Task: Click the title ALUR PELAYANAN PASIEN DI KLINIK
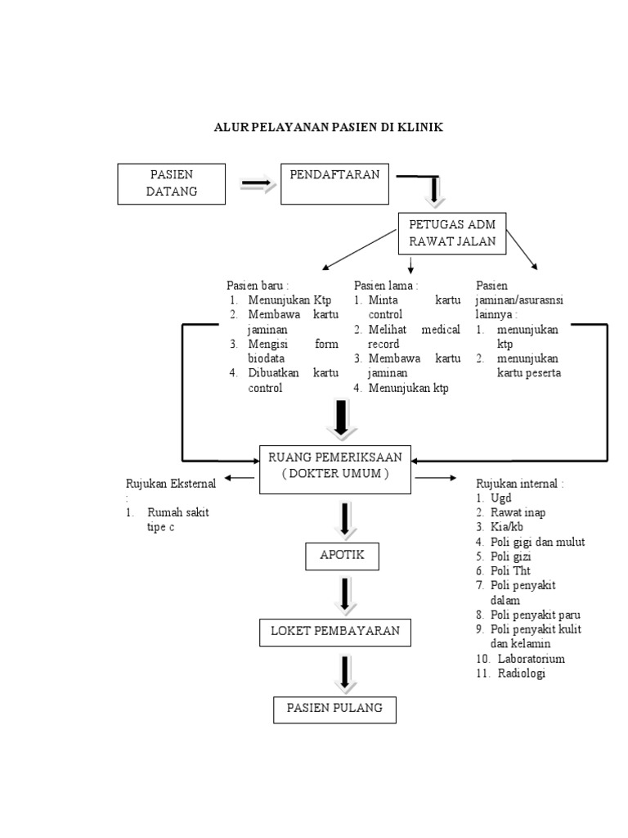(328, 128)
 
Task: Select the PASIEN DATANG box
(173, 183)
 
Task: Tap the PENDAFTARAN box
(336, 183)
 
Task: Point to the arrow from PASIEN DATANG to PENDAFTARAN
(258, 186)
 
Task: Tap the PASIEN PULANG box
(334, 709)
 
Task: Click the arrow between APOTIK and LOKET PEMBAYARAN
(346, 595)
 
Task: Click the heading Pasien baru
(257, 286)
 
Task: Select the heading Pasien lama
(386, 286)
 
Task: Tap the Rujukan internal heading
(519, 484)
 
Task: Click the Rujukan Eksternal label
(170, 484)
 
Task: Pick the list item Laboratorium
(527, 659)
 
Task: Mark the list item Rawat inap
(518, 512)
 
